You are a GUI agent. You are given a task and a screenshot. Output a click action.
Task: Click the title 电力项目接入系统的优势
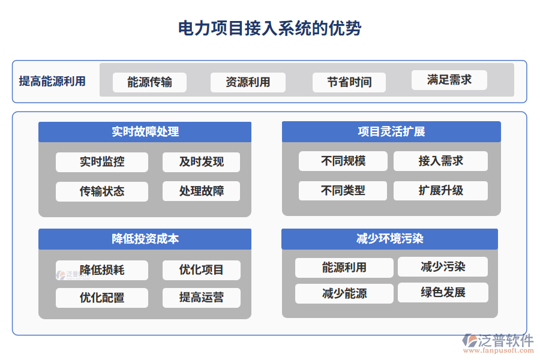point(270,28)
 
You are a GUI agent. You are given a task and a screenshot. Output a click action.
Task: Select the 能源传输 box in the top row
point(149,82)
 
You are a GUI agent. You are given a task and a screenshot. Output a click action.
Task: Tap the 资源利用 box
point(248,82)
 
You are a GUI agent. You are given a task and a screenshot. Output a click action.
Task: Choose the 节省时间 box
point(349,82)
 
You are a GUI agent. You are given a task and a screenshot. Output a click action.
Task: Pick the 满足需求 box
point(449,80)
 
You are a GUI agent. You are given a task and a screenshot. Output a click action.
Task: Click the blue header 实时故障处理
point(145,132)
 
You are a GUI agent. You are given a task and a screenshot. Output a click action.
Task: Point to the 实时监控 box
point(102,162)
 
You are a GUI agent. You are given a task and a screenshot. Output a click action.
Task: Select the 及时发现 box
point(201,162)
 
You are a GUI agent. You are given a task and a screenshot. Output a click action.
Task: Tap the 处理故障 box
point(201,191)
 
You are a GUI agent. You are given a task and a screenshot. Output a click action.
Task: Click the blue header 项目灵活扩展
point(391,132)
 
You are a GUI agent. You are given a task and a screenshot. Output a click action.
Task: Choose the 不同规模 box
point(343,161)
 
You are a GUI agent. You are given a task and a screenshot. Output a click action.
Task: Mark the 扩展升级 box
point(440,191)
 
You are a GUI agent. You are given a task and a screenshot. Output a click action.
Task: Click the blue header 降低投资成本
point(145,239)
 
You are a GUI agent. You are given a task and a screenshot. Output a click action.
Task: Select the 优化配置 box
point(102,298)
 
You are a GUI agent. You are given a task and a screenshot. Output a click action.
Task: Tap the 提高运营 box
point(201,298)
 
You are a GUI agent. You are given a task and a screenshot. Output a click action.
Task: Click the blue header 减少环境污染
point(389,239)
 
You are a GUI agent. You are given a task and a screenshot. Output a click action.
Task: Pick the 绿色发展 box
point(443,293)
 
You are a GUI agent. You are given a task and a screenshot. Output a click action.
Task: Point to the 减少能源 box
point(344,293)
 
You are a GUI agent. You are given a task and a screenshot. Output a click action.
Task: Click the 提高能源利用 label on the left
point(52,82)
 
